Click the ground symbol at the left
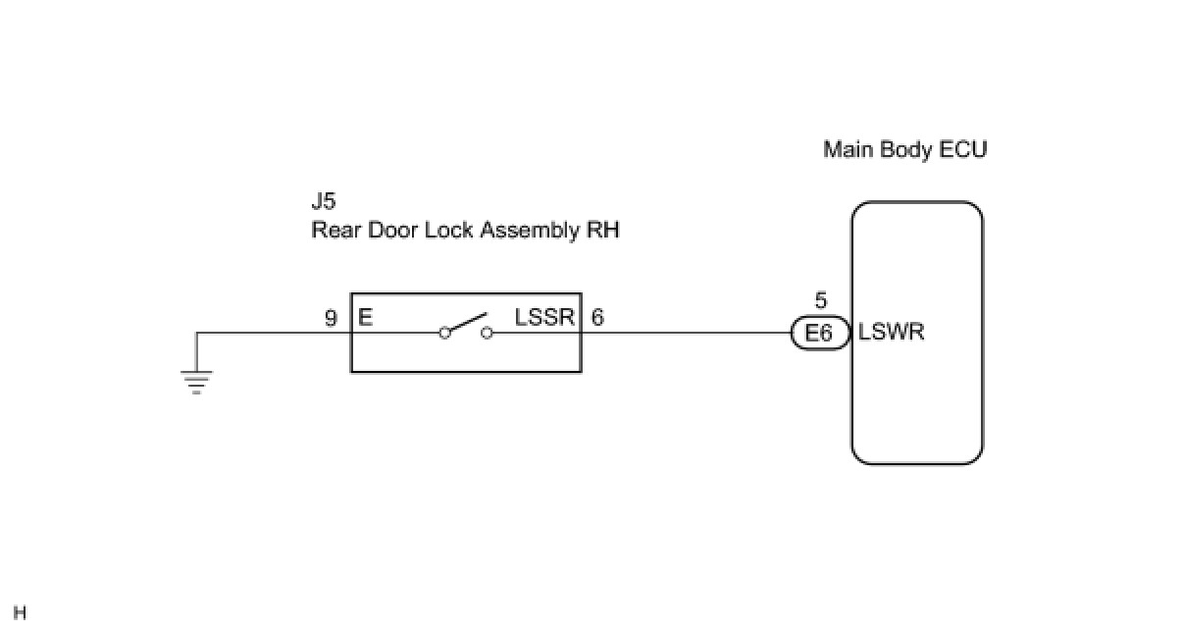tap(196, 382)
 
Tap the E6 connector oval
tap(820, 333)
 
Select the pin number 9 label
tap(331, 318)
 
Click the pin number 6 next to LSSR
tap(597, 317)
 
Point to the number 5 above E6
tap(820, 300)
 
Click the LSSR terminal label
tap(544, 317)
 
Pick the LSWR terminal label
tap(891, 333)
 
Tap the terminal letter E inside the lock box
tap(366, 317)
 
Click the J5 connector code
tap(323, 201)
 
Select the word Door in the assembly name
tap(393, 231)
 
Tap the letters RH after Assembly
tap(603, 231)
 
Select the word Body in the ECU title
tap(906, 150)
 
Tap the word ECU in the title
tap(962, 149)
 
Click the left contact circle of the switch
tap(444, 333)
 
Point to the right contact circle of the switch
tap(487, 333)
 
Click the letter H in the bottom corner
tap(20, 613)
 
